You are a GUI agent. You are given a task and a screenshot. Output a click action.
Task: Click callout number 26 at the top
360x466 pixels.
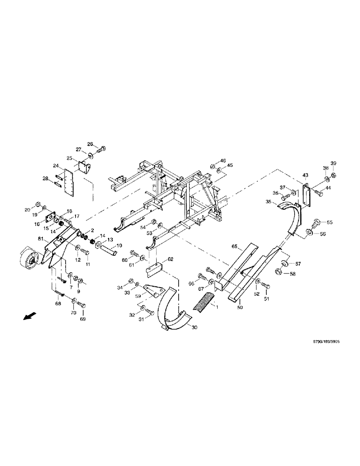click(x=90, y=144)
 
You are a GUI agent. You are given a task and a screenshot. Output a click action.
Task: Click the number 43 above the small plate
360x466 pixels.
click(x=305, y=175)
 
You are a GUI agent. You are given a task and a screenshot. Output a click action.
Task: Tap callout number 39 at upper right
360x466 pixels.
click(x=333, y=163)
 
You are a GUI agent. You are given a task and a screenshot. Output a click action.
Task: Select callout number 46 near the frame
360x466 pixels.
click(x=223, y=161)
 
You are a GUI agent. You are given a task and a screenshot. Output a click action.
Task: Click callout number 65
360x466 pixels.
click(x=235, y=246)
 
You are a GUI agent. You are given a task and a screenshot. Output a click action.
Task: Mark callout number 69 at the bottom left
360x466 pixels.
click(x=83, y=320)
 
